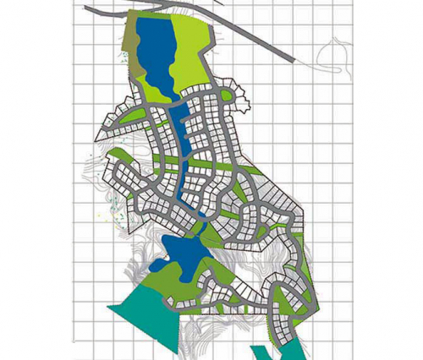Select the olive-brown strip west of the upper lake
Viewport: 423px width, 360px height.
[x=131, y=51]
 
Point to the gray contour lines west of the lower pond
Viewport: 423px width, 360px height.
[x=140, y=245]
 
